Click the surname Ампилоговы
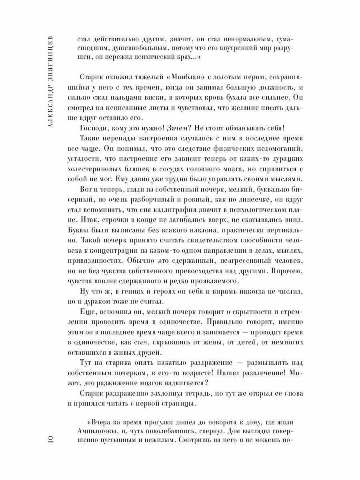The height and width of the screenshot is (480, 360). [96, 432]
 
